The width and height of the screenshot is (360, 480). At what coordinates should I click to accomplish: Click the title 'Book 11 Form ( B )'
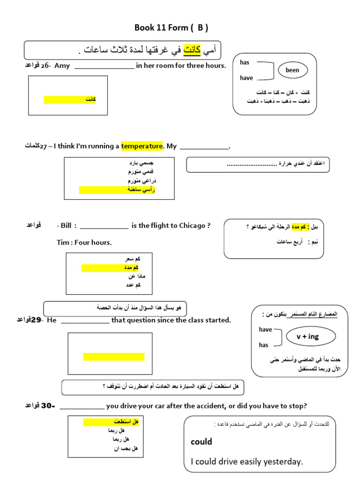click(171, 28)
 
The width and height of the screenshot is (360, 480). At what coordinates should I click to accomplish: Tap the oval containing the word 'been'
click(292, 70)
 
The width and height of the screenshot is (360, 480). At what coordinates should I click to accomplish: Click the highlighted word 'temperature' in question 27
click(142, 146)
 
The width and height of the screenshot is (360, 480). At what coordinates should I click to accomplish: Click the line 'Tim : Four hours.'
click(84, 242)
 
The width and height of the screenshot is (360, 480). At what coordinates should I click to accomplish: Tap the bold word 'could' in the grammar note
click(202, 442)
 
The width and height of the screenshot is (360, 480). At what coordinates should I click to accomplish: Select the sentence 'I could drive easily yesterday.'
click(247, 462)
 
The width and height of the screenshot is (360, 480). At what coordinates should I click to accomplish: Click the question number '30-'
click(48, 405)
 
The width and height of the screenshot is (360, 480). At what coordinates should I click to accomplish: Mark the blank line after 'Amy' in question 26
click(104, 66)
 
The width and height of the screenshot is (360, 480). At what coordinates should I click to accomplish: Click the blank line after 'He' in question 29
click(85, 320)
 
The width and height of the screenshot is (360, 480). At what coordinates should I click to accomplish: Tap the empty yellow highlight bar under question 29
click(113, 357)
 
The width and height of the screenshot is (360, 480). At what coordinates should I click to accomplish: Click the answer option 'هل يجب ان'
click(126, 449)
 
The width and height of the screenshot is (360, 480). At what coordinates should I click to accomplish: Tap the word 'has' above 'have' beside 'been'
click(245, 63)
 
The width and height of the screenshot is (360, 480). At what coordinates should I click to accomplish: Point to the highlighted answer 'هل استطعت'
click(126, 422)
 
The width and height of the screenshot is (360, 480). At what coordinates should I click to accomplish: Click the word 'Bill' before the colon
click(66, 225)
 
